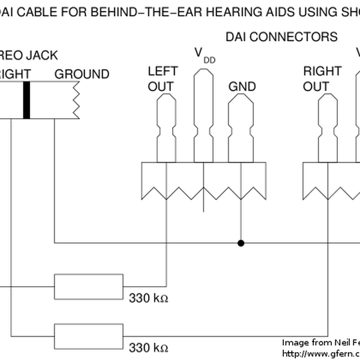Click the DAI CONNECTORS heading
(281, 37)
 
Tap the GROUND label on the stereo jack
(82, 74)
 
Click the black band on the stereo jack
(26, 100)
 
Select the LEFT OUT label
(160, 79)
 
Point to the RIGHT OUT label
(323, 79)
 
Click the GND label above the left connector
(242, 86)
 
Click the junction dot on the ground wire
(241, 243)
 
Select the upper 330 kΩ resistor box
(89, 287)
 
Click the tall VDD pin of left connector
(203, 114)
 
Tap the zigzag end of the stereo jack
(76, 100)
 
